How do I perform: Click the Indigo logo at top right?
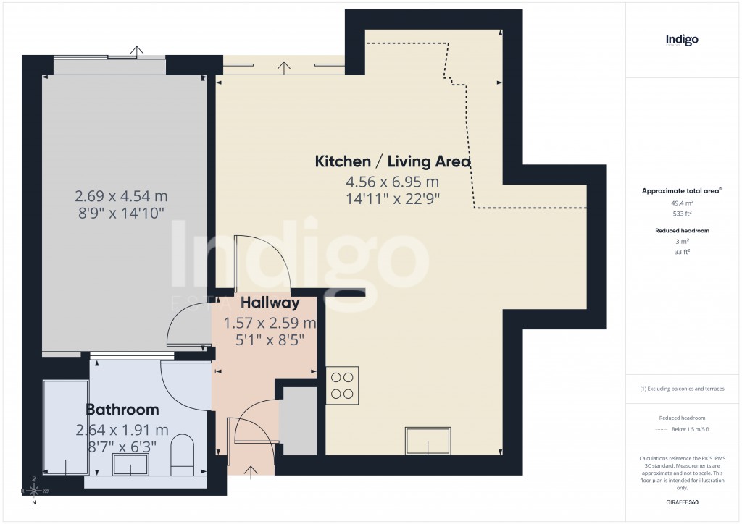coord(682,40)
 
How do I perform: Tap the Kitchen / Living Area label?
coord(392,161)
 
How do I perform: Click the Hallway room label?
coord(270,303)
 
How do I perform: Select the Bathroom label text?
coord(122,410)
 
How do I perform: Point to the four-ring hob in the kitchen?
coord(343,385)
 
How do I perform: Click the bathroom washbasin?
coord(130,465)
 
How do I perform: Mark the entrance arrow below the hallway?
coord(251,473)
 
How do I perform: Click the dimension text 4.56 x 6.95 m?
coord(392,182)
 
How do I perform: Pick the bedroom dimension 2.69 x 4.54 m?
coord(121,195)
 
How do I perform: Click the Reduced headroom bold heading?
coord(681,230)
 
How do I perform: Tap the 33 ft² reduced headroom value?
coord(681,251)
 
